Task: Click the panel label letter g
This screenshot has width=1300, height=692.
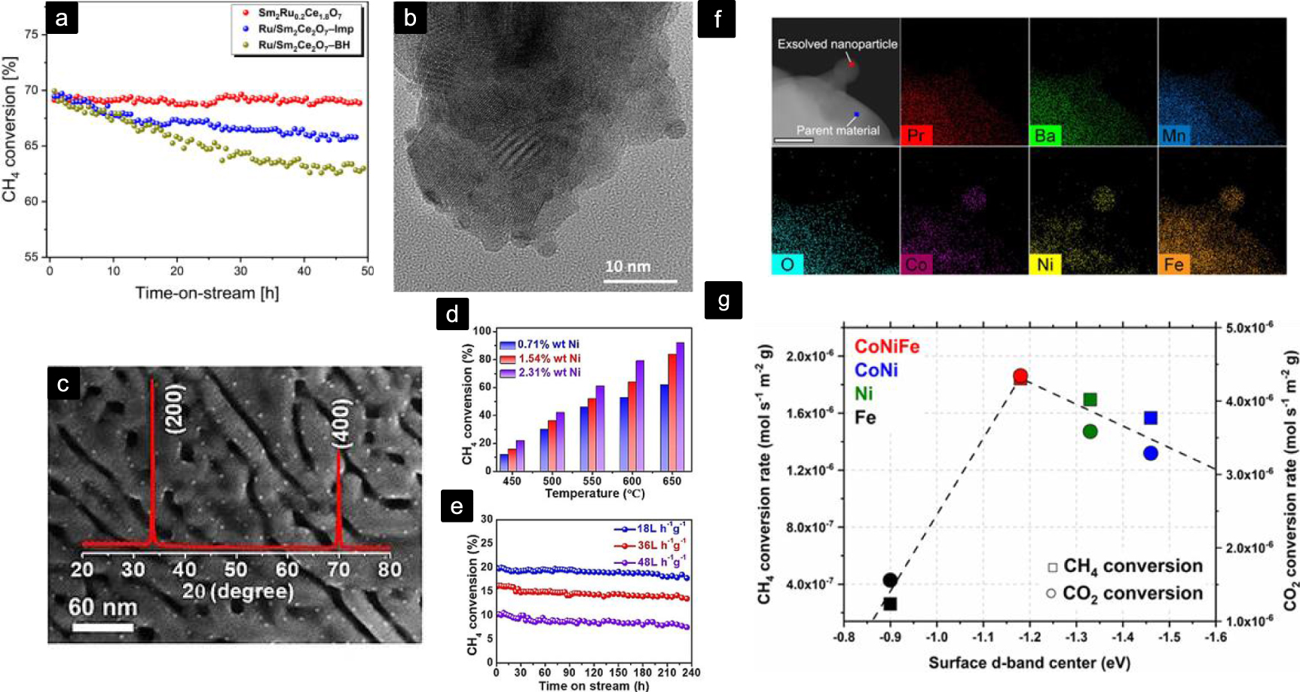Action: click(x=723, y=301)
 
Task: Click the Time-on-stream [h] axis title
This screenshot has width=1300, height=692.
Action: click(x=207, y=292)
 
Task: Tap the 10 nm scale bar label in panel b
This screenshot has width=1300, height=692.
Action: click(x=628, y=267)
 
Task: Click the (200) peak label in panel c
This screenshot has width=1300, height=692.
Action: click(x=175, y=409)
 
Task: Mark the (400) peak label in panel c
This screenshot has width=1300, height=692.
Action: click(x=341, y=424)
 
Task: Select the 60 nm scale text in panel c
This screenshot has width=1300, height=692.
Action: click(x=103, y=607)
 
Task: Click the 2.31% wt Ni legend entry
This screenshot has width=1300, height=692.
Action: click(x=548, y=372)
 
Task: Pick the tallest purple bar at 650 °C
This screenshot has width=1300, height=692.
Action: click(x=680, y=407)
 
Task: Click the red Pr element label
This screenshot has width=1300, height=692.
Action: click(x=916, y=136)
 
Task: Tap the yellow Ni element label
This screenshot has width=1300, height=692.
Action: click(x=1045, y=265)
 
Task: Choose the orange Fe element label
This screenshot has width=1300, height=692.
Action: click(x=1173, y=265)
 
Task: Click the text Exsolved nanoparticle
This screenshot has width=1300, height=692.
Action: click(x=837, y=44)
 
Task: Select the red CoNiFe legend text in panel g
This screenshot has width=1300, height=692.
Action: click(x=887, y=347)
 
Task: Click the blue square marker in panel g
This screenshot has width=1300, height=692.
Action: click(x=1151, y=418)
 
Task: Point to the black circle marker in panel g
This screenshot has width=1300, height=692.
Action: click(x=890, y=580)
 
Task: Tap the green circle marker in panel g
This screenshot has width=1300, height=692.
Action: click(x=1090, y=431)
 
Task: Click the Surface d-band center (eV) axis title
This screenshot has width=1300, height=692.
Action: click(x=1029, y=663)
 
